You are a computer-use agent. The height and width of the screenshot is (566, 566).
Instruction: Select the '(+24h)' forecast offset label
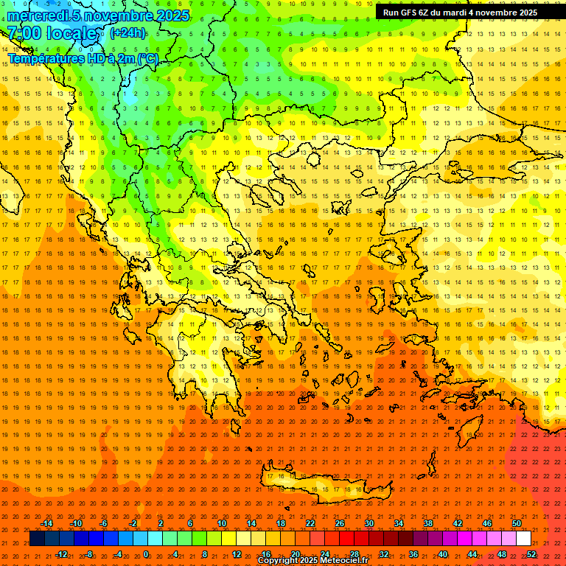coord(127,32)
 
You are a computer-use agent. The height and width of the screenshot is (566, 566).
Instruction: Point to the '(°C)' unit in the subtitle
coord(147,58)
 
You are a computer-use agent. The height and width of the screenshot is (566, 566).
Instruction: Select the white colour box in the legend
coord(523,539)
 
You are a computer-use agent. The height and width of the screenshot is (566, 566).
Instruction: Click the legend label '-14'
coord(46,523)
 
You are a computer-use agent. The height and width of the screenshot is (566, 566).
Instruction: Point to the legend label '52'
coord(531,554)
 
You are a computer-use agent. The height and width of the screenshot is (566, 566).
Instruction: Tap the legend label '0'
coord(146,554)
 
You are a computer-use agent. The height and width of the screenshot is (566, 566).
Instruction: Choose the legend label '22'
coord(310,523)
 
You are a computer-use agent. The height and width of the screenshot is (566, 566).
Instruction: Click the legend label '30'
coord(369,523)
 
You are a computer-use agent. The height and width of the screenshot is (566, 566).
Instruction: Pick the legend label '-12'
coord(61,554)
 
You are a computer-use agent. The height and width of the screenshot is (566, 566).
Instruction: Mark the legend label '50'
coord(516,523)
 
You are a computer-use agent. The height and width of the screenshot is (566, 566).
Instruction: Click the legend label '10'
coord(222,523)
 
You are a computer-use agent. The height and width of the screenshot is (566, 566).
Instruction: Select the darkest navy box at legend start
coord(37,539)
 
